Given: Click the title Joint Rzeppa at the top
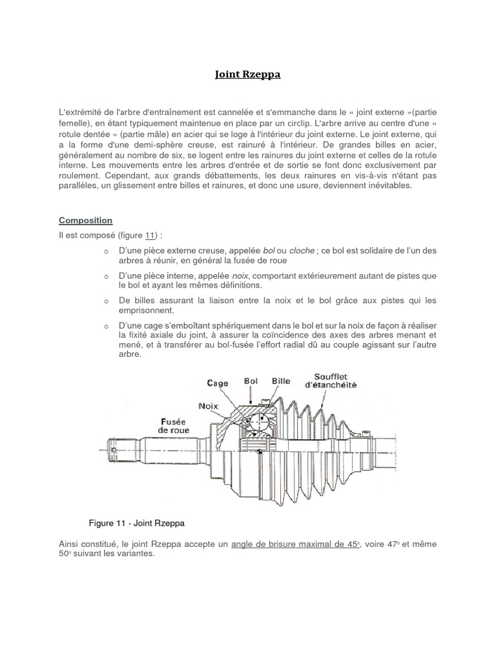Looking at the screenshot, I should click(x=248, y=75).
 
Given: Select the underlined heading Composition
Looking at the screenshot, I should click(x=86, y=220).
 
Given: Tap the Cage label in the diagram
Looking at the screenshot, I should click(x=218, y=383).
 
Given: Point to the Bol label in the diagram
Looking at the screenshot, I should click(x=251, y=381).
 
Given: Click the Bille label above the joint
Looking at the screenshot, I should click(x=281, y=381).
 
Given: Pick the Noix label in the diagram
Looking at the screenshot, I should click(x=209, y=405).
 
